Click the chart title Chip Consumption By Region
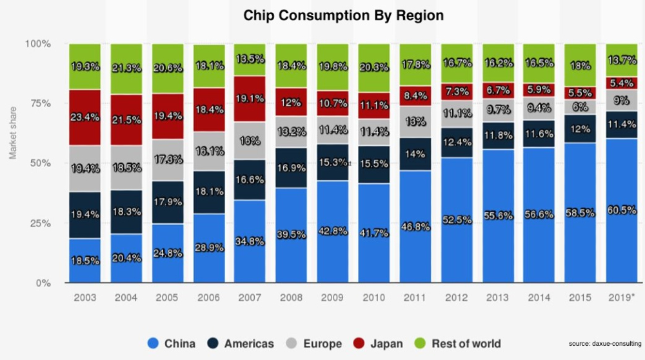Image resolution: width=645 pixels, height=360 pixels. point(343,15)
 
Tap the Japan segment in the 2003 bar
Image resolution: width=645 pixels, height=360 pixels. point(85,117)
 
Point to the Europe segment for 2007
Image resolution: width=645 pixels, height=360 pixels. point(250,140)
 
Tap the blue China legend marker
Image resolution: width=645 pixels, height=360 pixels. point(153,343)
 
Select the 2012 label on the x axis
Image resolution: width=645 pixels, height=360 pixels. point(456,297)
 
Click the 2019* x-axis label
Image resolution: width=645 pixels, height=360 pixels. point(621,297)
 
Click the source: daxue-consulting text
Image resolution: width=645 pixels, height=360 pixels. point(604,343)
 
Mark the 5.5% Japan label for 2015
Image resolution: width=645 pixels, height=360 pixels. point(580,93)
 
